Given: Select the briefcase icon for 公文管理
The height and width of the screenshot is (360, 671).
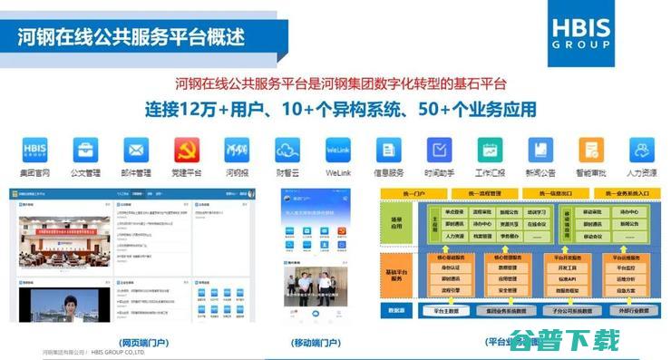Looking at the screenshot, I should pos(86,151).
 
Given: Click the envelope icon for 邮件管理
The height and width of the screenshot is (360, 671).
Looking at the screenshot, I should pos(136,151).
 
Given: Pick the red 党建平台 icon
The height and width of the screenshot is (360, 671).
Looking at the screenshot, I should pos(187,151).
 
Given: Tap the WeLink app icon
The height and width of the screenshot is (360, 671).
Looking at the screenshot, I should pos(338,151).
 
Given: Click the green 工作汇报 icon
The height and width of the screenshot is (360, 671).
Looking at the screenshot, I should pos(491,151).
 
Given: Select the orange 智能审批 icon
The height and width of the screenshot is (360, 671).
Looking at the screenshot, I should pos(591,151).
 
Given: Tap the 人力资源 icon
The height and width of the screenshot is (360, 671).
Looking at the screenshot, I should pos(642,151).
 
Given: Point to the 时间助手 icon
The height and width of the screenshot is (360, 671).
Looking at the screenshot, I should pos(440,151).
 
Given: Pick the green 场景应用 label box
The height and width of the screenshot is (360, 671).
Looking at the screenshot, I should pos(393,227).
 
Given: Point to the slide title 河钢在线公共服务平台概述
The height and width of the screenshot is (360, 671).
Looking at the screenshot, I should pos(131,38).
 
